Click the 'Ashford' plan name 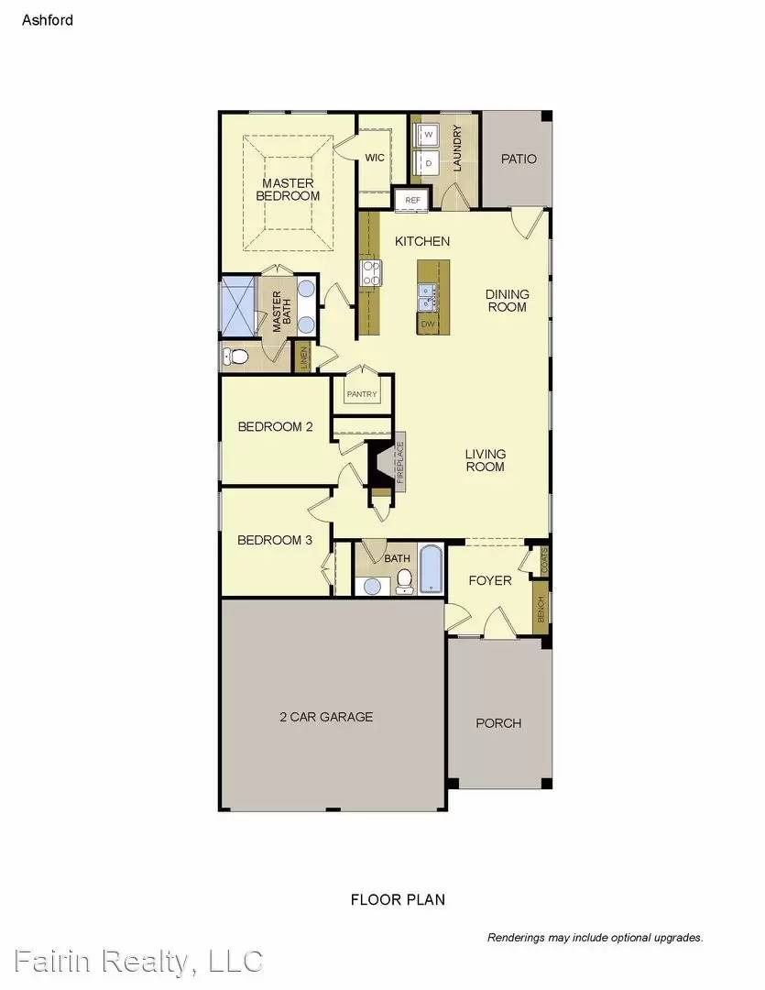point(48,18)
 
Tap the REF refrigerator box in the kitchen point(412,199)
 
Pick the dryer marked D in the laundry point(428,163)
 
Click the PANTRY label point(362,394)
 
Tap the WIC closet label point(375,158)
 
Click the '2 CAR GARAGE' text point(326,717)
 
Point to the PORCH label point(498,723)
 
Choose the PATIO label point(519,159)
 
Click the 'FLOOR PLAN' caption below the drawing point(398,899)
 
